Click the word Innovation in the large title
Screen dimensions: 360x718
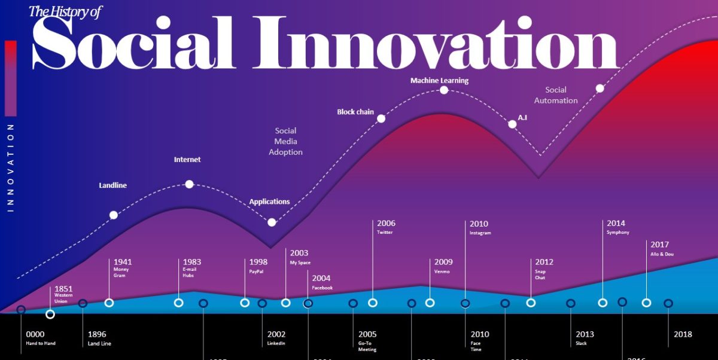(437, 42)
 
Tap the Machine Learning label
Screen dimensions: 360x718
(439, 80)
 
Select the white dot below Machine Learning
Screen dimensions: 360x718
(444, 90)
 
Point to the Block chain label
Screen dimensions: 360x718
(355, 112)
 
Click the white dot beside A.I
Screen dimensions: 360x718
(512, 124)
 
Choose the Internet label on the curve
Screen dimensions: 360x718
(187, 160)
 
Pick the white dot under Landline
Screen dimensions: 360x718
(114, 215)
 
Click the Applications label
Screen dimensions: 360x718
(269, 202)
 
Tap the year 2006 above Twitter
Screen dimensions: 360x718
(386, 224)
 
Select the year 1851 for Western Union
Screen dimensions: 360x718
(63, 288)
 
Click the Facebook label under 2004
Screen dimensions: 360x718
(322, 288)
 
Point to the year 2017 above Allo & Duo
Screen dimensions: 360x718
(659, 245)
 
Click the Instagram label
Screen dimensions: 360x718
(480, 233)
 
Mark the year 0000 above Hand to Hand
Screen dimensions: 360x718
(35, 334)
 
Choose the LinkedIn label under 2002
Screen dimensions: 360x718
(276, 343)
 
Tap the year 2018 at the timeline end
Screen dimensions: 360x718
(683, 334)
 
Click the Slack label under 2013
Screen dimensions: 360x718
(582, 343)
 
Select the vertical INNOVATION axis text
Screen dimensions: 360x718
(10, 167)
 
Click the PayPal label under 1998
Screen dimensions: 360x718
(256, 271)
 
